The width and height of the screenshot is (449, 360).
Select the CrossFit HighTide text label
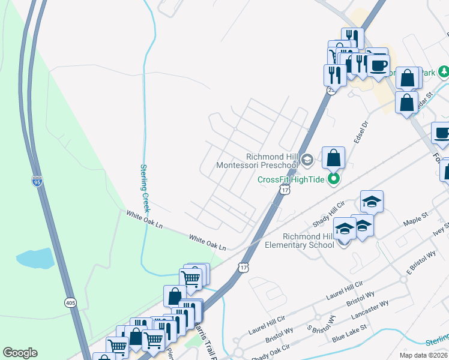click(292, 179)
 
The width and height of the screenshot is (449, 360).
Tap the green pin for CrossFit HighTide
click(335, 179)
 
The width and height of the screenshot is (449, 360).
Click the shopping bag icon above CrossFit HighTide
click(334, 158)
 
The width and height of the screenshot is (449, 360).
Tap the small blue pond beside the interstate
click(35, 259)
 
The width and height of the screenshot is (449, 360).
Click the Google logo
click(20, 353)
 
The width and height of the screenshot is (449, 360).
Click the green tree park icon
click(443, 73)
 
